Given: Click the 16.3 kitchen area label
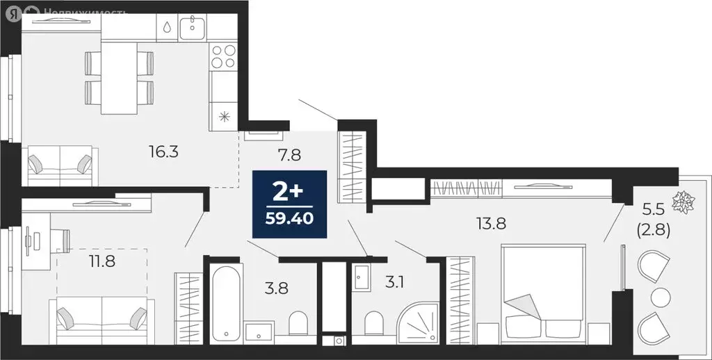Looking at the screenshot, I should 164,152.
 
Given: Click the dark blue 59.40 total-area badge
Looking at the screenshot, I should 289,204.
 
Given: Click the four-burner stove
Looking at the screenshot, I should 225,56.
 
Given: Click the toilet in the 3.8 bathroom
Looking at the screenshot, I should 298,324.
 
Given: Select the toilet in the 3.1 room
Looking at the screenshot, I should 373,324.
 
